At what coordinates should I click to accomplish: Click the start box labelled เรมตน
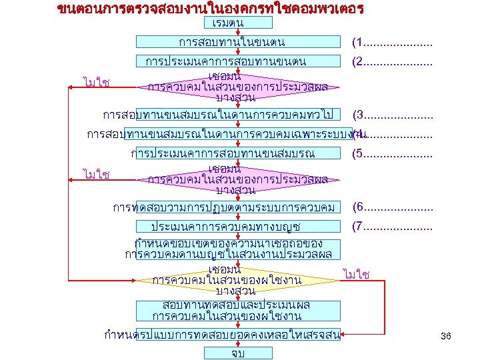point(228,23)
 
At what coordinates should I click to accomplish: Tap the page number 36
point(446,337)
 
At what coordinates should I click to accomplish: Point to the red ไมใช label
point(357,274)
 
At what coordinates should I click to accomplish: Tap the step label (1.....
point(392,43)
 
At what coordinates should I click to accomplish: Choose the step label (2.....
point(392,62)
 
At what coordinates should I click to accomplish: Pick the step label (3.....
point(392,114)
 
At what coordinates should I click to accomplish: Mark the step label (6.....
point(392,207)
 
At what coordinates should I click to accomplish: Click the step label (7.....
point(392,227)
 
